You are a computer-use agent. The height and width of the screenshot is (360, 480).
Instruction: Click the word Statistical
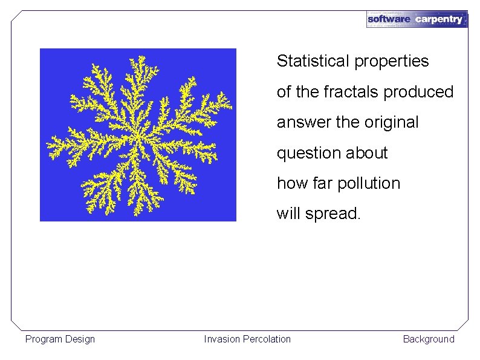point(313,61)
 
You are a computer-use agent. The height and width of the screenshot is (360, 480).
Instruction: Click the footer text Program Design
point(60,339)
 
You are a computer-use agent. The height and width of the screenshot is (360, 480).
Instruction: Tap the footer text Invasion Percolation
point(247,339)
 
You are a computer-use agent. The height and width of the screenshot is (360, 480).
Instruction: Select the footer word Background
point(429,339)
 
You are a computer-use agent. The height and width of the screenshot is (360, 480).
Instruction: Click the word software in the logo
point(389,19)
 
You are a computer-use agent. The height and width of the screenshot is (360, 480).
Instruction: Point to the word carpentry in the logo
point(439,19)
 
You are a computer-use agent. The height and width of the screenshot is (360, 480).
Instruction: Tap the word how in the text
point(288,183)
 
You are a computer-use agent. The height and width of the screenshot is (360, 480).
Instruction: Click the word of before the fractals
point(284,92)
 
